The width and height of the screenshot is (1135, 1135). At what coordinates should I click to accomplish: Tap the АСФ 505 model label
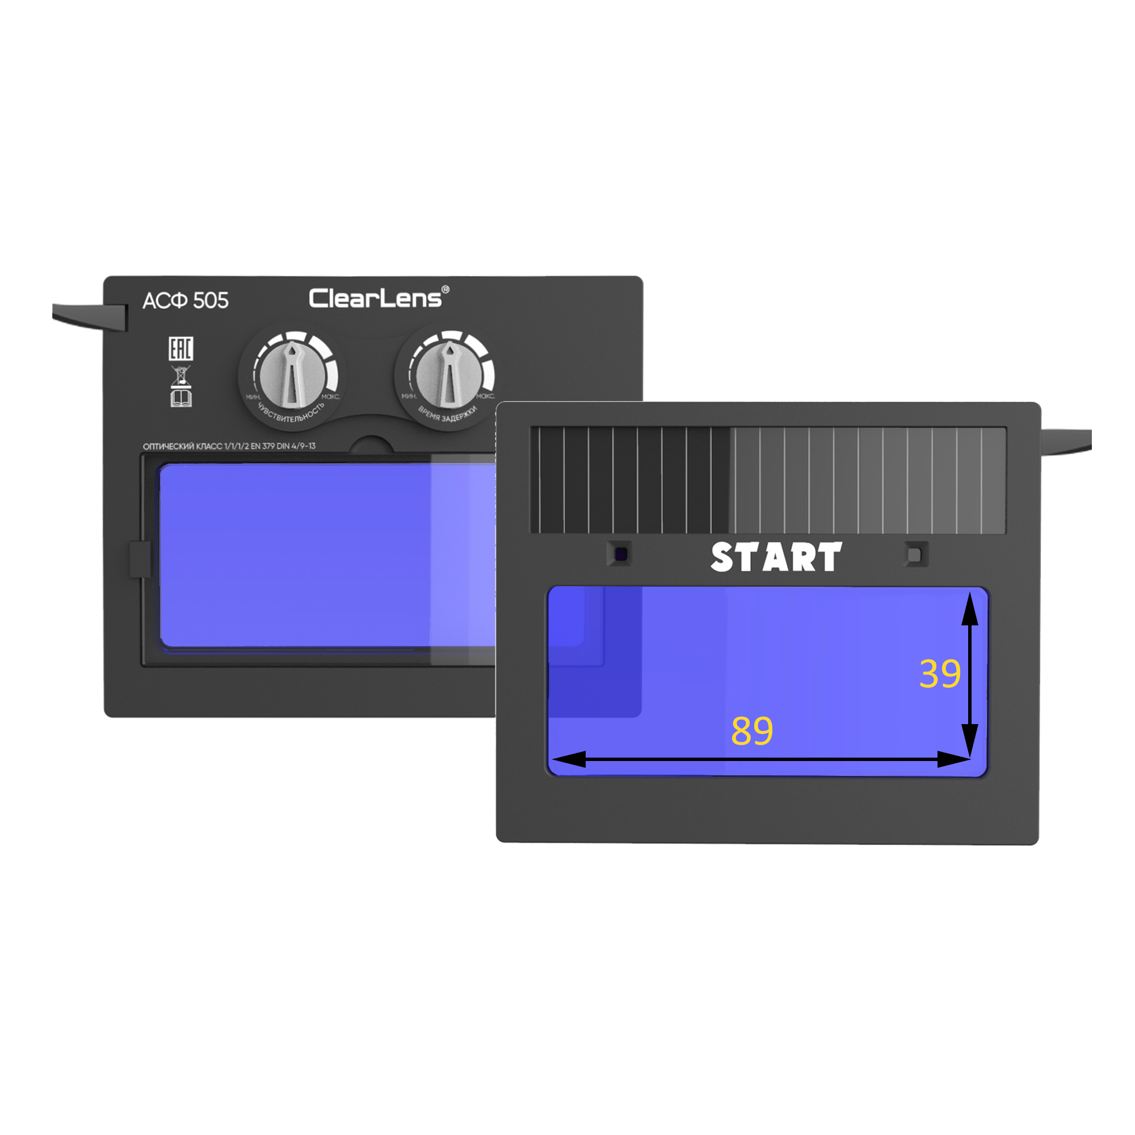click(x=185, y=300)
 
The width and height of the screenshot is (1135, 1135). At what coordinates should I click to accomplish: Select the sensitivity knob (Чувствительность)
click(x=291, y=374)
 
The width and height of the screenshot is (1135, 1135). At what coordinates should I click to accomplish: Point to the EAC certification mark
click(x=180, y=348)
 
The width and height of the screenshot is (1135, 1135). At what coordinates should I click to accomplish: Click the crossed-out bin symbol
click(x=180, y=376)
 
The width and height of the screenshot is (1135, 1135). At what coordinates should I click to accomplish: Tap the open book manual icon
click(x=181, y=399)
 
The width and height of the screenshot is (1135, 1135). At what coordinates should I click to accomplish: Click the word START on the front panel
click(x=775, y=557)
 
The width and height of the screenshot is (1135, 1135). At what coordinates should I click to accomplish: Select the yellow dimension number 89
click(x=751, y=731)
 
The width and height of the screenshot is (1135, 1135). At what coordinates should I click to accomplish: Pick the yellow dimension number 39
click(x=939, y=674)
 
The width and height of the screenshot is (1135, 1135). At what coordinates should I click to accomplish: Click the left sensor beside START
click(x=620, y=554)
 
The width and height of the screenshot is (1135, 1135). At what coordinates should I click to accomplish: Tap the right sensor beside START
click(x=915, y=554)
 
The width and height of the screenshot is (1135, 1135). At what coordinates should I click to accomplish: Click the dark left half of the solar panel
click(x=630, y=480)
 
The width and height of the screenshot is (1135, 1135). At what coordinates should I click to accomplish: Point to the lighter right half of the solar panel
click(x=867, y=480)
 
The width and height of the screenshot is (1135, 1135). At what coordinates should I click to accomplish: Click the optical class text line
click(x=229, y=446)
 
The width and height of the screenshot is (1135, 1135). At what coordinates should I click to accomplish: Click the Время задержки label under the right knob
click(x=448, y=415)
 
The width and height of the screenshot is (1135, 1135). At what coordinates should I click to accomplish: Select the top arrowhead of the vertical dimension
click(x=969, y=608)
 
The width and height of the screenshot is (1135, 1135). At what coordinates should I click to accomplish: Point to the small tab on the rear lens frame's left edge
click(x=139, y=560)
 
